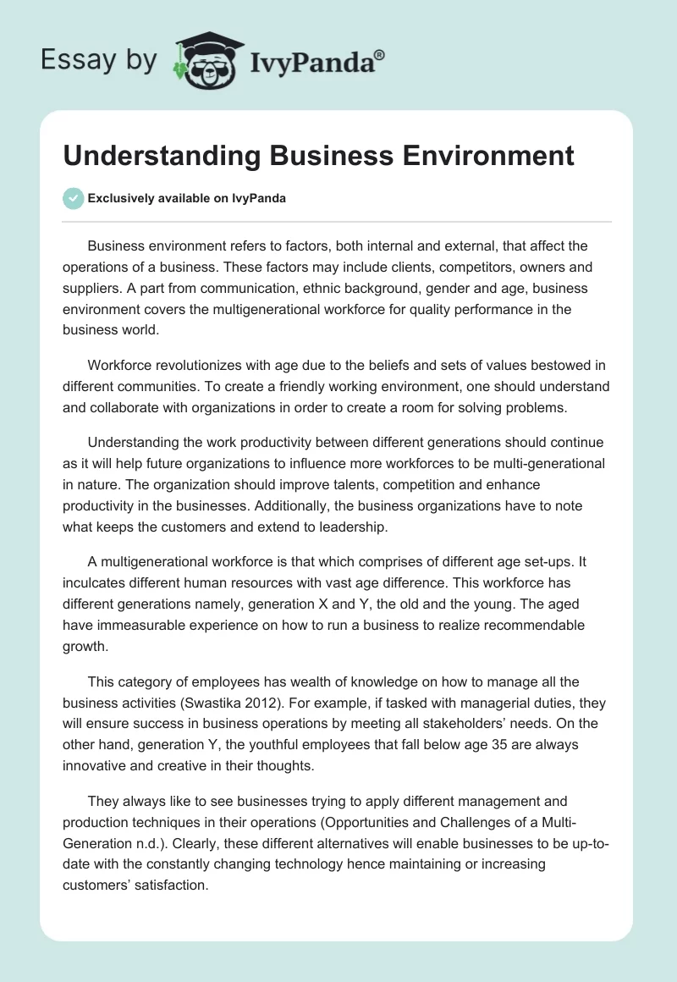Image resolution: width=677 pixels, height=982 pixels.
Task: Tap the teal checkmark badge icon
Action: [73, 198]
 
